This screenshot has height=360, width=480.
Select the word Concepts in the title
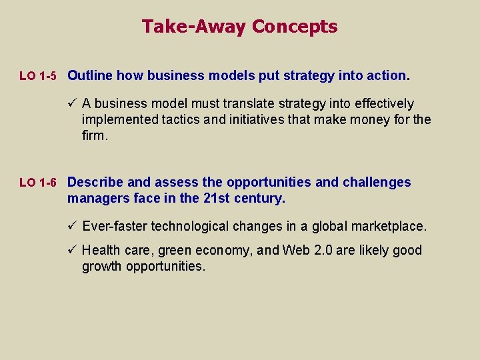point(295,27)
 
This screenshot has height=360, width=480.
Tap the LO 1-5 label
point(38,77)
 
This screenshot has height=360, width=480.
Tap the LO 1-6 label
point(38,183)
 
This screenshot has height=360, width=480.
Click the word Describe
point(96,182)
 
